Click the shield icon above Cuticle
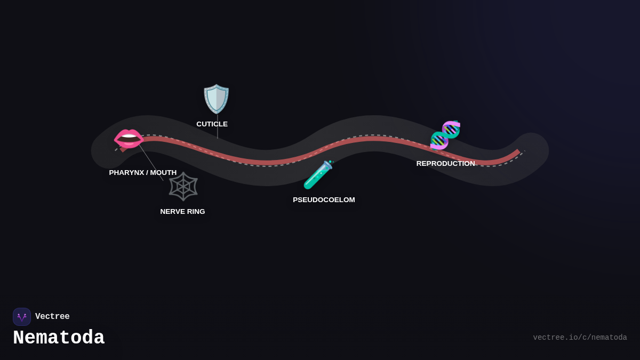(216, 99)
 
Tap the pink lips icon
(129, 139)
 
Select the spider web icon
(183, 186)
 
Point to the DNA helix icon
(445, 135)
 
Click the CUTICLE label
(212, 124)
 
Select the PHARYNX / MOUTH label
(142, 173)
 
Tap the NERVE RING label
(182, 212)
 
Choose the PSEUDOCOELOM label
(324, 200)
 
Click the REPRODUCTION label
(445, 164)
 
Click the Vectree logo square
(22, 317)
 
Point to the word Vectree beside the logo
(52, 317)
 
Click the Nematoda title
(59, 338)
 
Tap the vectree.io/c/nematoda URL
(580, 338)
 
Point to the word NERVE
(172, 212)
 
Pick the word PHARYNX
(126, 173)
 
